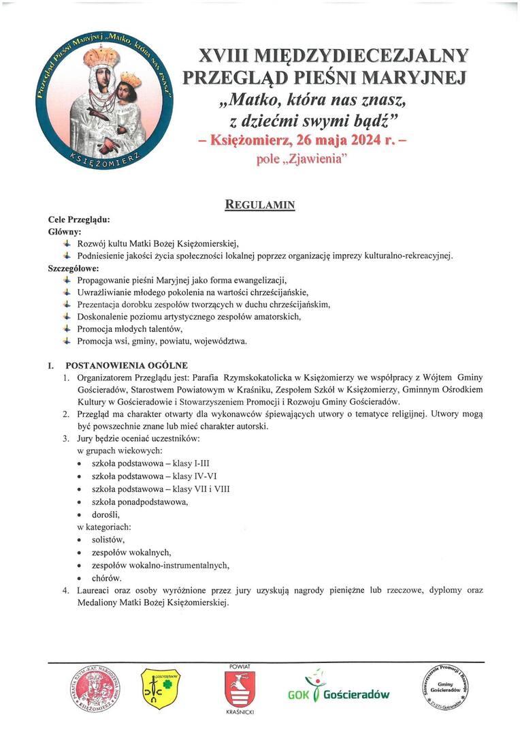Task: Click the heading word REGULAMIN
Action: (x=260, y=204)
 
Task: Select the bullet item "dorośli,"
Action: (x=106, y=515)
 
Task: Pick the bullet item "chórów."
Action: (x=107, y=578)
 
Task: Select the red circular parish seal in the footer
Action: (x=95, y=689)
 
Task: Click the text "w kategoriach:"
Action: (x=104, y=527)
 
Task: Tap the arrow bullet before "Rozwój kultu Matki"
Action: (x=66, y=244)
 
